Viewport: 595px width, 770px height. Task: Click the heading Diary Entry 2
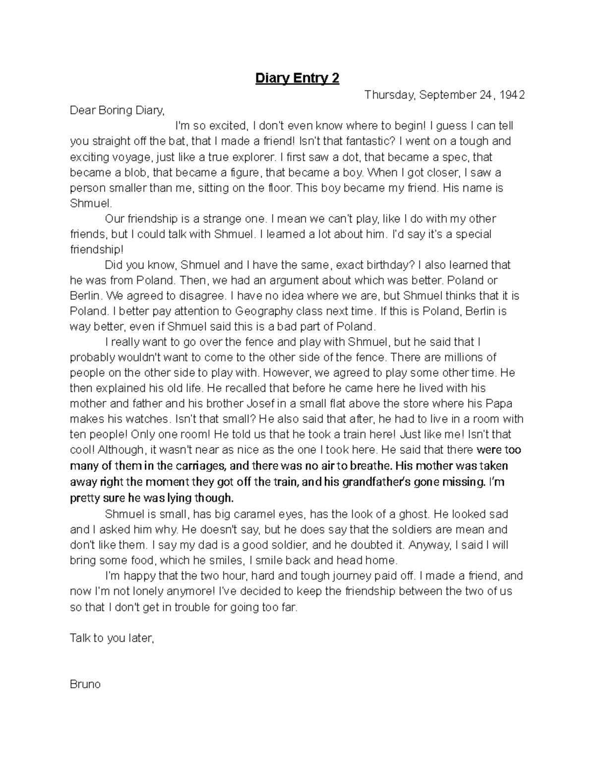[297, 78]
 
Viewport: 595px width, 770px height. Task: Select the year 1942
[512, 95]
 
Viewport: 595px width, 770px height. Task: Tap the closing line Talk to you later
[112, 638]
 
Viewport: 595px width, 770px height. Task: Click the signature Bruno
[85, 685]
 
